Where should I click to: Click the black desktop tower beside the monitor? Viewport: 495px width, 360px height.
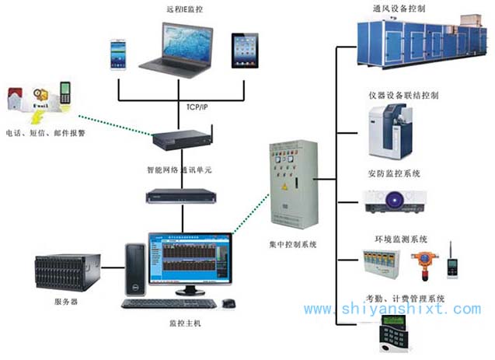(134, 272)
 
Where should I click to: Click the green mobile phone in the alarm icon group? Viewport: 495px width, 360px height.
(65, 94)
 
